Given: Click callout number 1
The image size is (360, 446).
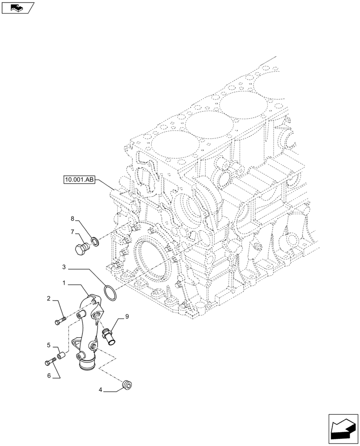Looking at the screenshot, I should [65, 283].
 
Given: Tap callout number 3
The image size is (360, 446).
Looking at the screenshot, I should [64, 267].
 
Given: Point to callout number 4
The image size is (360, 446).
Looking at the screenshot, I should [101, 389].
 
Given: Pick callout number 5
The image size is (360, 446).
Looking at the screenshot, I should [49, 345].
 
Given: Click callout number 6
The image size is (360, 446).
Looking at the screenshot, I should [49, 376].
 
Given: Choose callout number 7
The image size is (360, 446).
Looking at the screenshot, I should [71, 232].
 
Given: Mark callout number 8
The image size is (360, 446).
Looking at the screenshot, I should [72, 219].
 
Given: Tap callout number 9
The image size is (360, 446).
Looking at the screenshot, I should [127, 317].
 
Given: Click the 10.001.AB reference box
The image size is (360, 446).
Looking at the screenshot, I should [79, 180].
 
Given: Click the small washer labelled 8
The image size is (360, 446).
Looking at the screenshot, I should [94, 242].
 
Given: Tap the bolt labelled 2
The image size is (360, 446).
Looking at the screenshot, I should [61, 320].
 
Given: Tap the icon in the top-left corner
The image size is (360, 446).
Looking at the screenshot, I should [17, 7].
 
